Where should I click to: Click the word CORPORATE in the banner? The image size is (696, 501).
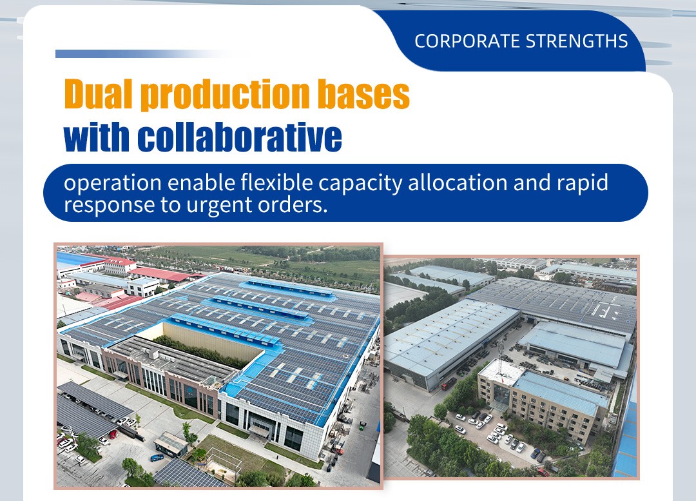click(x=467, y=41)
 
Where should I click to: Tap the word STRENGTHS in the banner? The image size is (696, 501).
click(x=577, y=41)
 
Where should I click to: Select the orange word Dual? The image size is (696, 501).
click(x=99, y=93)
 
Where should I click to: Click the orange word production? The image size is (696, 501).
click(x=226, y=95)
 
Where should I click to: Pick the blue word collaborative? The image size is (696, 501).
click(x=240, y=136)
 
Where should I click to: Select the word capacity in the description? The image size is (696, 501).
click(x=360, y=184)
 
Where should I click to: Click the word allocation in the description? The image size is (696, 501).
click(x=458, y=182)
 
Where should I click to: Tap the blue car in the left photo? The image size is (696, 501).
click(x=157, y=457)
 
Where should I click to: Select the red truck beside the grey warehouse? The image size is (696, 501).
click(x=448, y=384)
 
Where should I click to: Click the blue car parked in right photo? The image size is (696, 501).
click(x=536, y=454)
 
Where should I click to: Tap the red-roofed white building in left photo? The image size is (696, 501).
click(x=119, y=266)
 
